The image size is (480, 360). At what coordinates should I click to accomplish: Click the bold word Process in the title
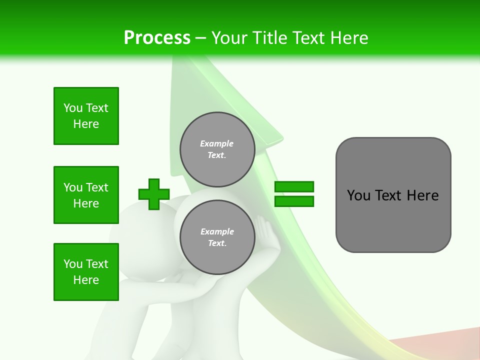(x=157, y=38)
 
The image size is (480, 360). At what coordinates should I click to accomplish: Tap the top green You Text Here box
(x=86, y=116)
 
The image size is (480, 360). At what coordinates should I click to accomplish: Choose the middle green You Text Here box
(x=86, y=195)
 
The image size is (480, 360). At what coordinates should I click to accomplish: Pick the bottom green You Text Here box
(x=86, y=272)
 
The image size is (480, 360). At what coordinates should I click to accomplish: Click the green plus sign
(x=154, y=194)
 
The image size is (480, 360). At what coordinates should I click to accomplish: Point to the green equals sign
(x=294, y=194)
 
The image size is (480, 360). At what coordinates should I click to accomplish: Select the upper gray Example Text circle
(x=217, y=149)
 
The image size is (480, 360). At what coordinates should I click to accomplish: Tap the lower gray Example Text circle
(x=217, y=237)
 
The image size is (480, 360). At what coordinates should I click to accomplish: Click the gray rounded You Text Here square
(x=393, y=195)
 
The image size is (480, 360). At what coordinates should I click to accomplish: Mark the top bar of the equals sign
(x=294, y=187)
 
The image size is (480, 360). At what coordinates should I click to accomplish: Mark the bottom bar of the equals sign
(x=294, y=201)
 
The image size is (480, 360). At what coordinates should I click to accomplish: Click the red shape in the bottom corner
(x=440, y=345)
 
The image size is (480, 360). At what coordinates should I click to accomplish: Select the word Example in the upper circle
(x=217, y=143)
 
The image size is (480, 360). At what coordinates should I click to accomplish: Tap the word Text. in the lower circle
(x=217, y=243)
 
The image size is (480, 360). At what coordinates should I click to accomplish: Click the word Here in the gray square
(x=422, y=195)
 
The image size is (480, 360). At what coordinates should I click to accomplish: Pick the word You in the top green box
(x=73, y=108)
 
